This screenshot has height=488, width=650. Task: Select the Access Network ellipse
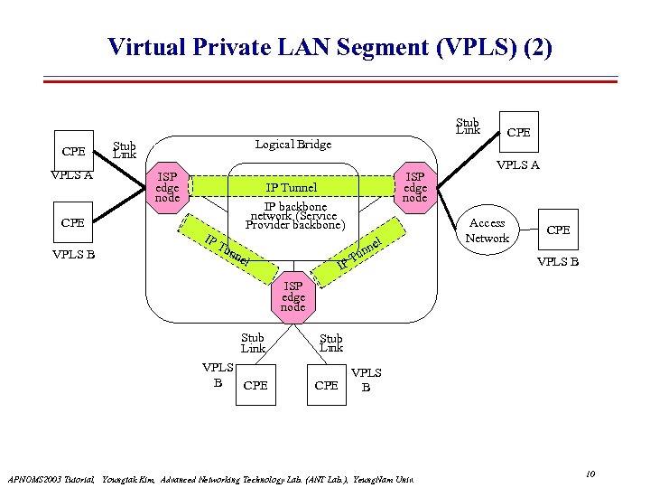tap(487, 230)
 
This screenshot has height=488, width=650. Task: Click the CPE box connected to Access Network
tap(558, 230)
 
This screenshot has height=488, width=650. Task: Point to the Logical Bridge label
tap(293, 145)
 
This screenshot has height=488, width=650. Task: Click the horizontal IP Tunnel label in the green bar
tap(291, 187)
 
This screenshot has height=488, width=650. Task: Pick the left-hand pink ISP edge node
tap(168, 187)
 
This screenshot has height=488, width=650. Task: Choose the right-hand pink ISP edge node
tap(415, 187)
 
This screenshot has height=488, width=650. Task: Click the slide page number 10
tap(590, 474)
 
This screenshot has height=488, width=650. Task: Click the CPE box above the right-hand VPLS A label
tap(519, 133)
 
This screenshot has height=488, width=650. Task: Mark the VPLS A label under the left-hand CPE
tap(72, 175)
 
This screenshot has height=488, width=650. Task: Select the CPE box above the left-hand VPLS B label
tap(73, 222)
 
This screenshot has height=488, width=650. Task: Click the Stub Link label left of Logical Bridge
tap(124, 149)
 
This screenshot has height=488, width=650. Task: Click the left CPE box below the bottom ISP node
tap(256, 385)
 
